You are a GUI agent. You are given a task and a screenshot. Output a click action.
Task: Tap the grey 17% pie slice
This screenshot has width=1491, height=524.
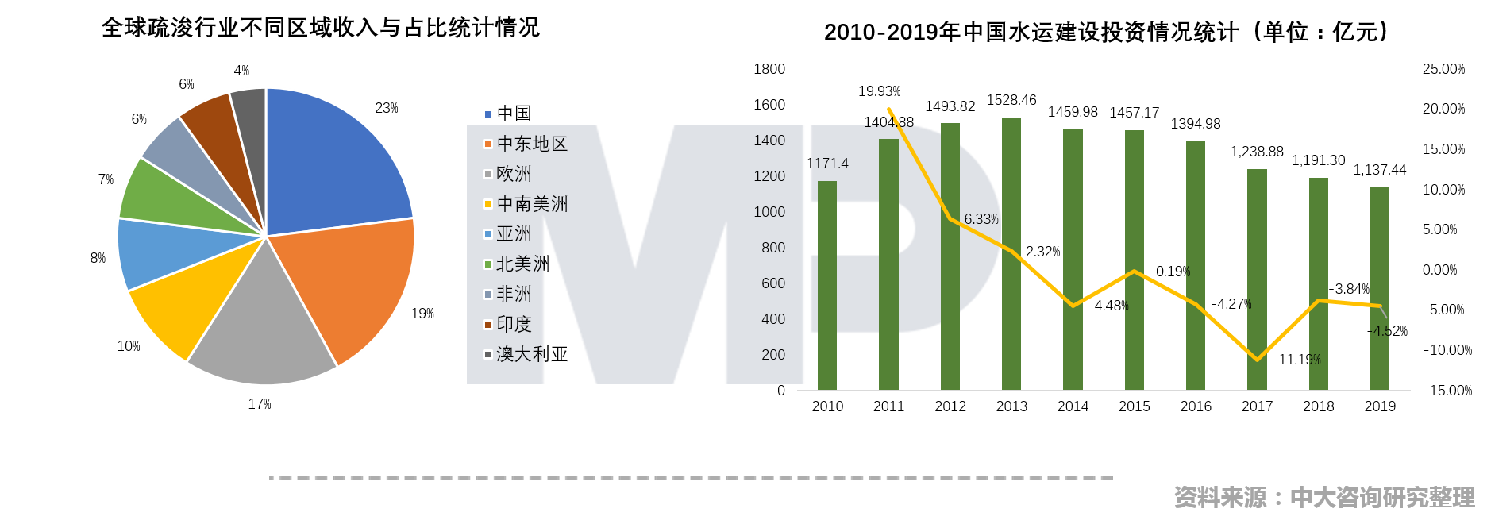coord(262,333)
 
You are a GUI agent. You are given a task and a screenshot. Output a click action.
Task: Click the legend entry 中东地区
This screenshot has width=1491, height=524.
coord(531,144)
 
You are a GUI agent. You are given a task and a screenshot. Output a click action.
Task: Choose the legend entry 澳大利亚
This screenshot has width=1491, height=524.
coord(531,354)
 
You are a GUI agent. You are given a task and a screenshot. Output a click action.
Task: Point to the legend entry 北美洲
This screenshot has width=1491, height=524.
coord(522,264)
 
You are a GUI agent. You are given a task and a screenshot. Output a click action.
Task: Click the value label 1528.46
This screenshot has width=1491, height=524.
coord(1011,100)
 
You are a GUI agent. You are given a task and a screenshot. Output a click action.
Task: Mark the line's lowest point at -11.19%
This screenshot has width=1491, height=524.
coord(1257,360)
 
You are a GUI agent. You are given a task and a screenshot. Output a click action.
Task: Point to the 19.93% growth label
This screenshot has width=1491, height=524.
coord(879,91)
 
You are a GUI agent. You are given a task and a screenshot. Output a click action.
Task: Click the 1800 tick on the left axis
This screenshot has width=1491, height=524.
coord(769,69)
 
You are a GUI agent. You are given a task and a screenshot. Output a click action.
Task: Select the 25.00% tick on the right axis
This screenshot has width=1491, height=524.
coord(1443,69)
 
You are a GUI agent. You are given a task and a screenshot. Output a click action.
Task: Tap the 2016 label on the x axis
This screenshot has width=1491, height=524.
coord(1195,406)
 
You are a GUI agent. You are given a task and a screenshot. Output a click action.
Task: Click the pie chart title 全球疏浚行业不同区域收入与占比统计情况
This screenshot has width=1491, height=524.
coord(320,28)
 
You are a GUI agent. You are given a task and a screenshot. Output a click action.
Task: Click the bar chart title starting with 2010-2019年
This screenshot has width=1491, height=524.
coord(1108,32)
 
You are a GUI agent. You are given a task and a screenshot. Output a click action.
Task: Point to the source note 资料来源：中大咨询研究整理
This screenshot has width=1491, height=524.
coord(1323,497)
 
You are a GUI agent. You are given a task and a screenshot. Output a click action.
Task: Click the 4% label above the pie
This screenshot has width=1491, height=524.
coord(241,71)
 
